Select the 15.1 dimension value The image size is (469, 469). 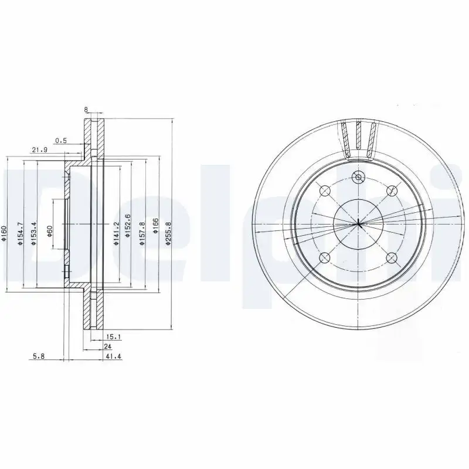(x=113, y=337)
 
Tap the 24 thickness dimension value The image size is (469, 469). (x=108, y=346)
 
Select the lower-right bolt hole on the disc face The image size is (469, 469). (x=391, y=257)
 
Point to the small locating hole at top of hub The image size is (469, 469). (x=358, y=176)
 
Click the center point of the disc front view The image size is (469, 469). (x=358, y=223)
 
